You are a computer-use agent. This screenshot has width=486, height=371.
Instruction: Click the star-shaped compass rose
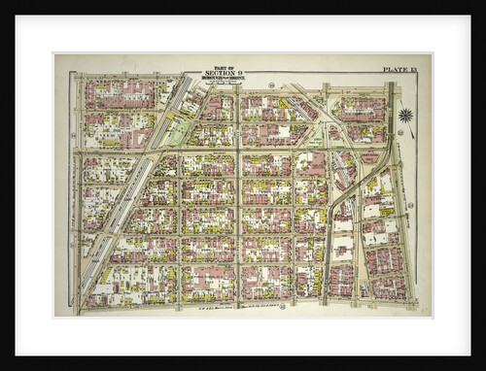[x=405, y=116]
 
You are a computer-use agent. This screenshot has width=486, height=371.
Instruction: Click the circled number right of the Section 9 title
[x=270, y=84]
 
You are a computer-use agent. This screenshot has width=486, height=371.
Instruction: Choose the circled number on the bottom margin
[x=282, y=307]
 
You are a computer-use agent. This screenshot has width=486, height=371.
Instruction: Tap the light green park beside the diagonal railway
[x=173, y=132]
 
